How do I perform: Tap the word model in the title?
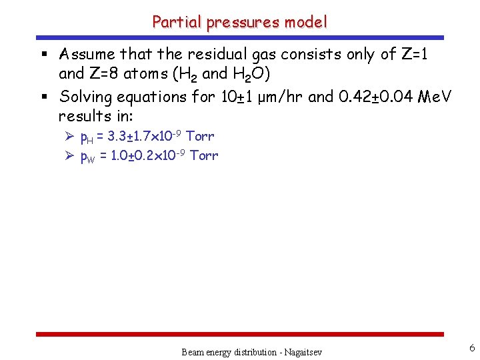[306, 22]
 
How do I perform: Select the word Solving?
[88, 97]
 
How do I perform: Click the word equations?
[157, 97]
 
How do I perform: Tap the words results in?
[93, 117]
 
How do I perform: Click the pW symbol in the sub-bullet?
[87, 157]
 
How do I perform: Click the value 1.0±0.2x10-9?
[146, 155]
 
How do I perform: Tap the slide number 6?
[472, 348]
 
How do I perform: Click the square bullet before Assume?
[45, 55]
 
